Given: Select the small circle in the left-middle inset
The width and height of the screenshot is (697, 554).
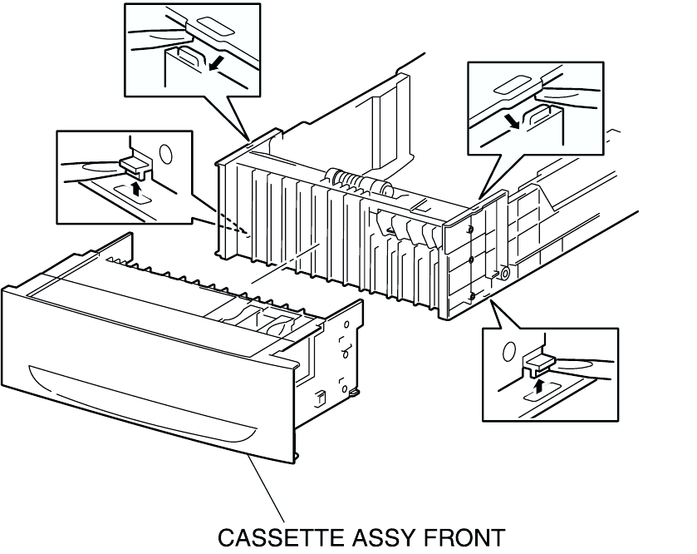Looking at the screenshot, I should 164,154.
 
